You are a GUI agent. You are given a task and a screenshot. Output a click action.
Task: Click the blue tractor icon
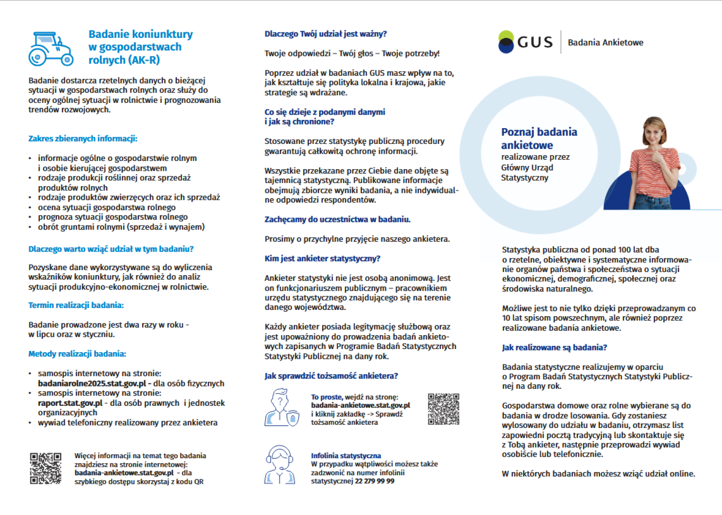(51, 49)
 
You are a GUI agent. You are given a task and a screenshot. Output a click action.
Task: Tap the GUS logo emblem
(506, 42)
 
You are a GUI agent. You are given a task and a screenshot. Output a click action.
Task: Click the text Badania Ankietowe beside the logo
(605, 42)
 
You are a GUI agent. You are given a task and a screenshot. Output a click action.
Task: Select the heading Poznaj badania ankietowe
(539, 138)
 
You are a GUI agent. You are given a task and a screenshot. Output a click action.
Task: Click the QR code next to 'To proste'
(443, 409)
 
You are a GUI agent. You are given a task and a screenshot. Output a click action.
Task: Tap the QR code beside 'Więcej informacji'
(46, 469)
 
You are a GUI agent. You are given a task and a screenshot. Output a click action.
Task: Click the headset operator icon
(280, 465)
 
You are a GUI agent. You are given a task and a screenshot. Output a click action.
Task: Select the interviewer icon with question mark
(281, 408)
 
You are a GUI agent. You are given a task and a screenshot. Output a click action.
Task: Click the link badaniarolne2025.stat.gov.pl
(92, 384)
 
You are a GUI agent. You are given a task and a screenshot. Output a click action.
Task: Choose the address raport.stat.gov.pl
(70, 403)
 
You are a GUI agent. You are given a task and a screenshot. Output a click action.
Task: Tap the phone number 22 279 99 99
(375, 481)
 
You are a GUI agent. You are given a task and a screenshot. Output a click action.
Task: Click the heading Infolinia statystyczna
(346, 456)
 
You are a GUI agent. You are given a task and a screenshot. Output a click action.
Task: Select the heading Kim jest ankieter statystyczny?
(322, 258)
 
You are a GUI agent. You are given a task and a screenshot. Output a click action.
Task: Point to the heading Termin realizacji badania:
(76, 305)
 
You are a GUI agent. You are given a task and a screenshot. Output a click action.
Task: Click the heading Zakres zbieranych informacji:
(83, 138)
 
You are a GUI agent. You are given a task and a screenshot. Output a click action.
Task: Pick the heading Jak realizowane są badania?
(554, 347)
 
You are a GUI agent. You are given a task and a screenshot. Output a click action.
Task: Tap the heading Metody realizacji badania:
(77, 354)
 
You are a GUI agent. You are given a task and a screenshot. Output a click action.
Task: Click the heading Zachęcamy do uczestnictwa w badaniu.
(337, 220)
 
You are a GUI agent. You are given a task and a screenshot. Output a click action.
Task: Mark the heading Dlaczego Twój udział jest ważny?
(325, 34)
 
